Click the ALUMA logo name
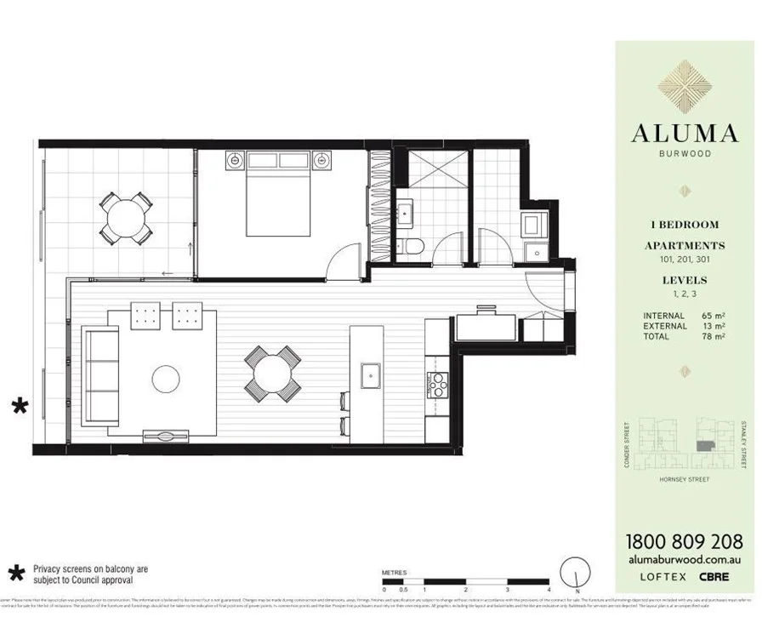click(x=684, y=134)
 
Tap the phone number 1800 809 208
click(x=684, y=541)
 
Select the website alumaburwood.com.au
click(x=684, y=559)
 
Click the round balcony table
click(x=125, y=218)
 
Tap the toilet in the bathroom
click(x=415, y=247)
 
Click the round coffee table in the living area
click(x=165, y=379)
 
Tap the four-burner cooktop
click(x=437, y=386)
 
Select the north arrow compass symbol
click(x=576, y=569)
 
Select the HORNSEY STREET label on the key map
click(x=684, y=479)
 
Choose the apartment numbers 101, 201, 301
click(x=684, y=259)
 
